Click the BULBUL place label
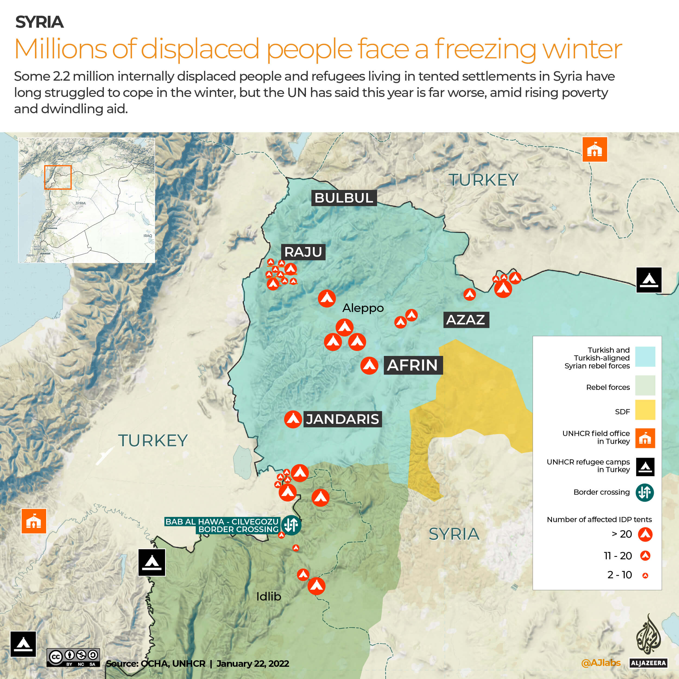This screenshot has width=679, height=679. pyautogui.click(x=344, y=198)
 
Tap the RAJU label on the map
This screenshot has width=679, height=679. pyautogui.click(x=303, y=252)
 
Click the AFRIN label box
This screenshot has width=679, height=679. pyautogui.click(x=413, y=365)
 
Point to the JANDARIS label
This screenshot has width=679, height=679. pyautogui.click(x=342, y=419)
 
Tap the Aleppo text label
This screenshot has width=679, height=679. pyautogui.click(x=363, y=308)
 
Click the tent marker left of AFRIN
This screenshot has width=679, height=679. pyautogui.click(x=369, y=365)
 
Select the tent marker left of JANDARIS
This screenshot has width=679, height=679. pyautogui.click(x=293, y=419)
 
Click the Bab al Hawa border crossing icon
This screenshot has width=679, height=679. pyautogui.click(x=291, y=525)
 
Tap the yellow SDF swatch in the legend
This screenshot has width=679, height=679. pyautogui.click(x=645, y=410)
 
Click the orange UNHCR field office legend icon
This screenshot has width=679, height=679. pyautogui.click(x=645, y=438)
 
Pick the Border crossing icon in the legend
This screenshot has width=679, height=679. pyautogui.click(x=645, y=492)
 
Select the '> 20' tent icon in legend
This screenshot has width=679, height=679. pyautogui.click(x=645, y=534)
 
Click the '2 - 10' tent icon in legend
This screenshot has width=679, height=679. pyautogui.click(x=645, y=575)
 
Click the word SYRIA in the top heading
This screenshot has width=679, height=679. pyautogui.click(x=39, y=22)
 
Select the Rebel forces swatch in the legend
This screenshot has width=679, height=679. pyautogui.click(x=645, y=385)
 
